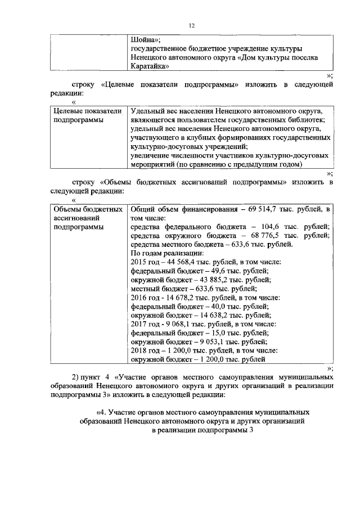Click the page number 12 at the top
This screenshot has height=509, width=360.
191,25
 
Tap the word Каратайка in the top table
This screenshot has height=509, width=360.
150,66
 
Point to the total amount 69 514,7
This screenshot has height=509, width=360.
265,209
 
